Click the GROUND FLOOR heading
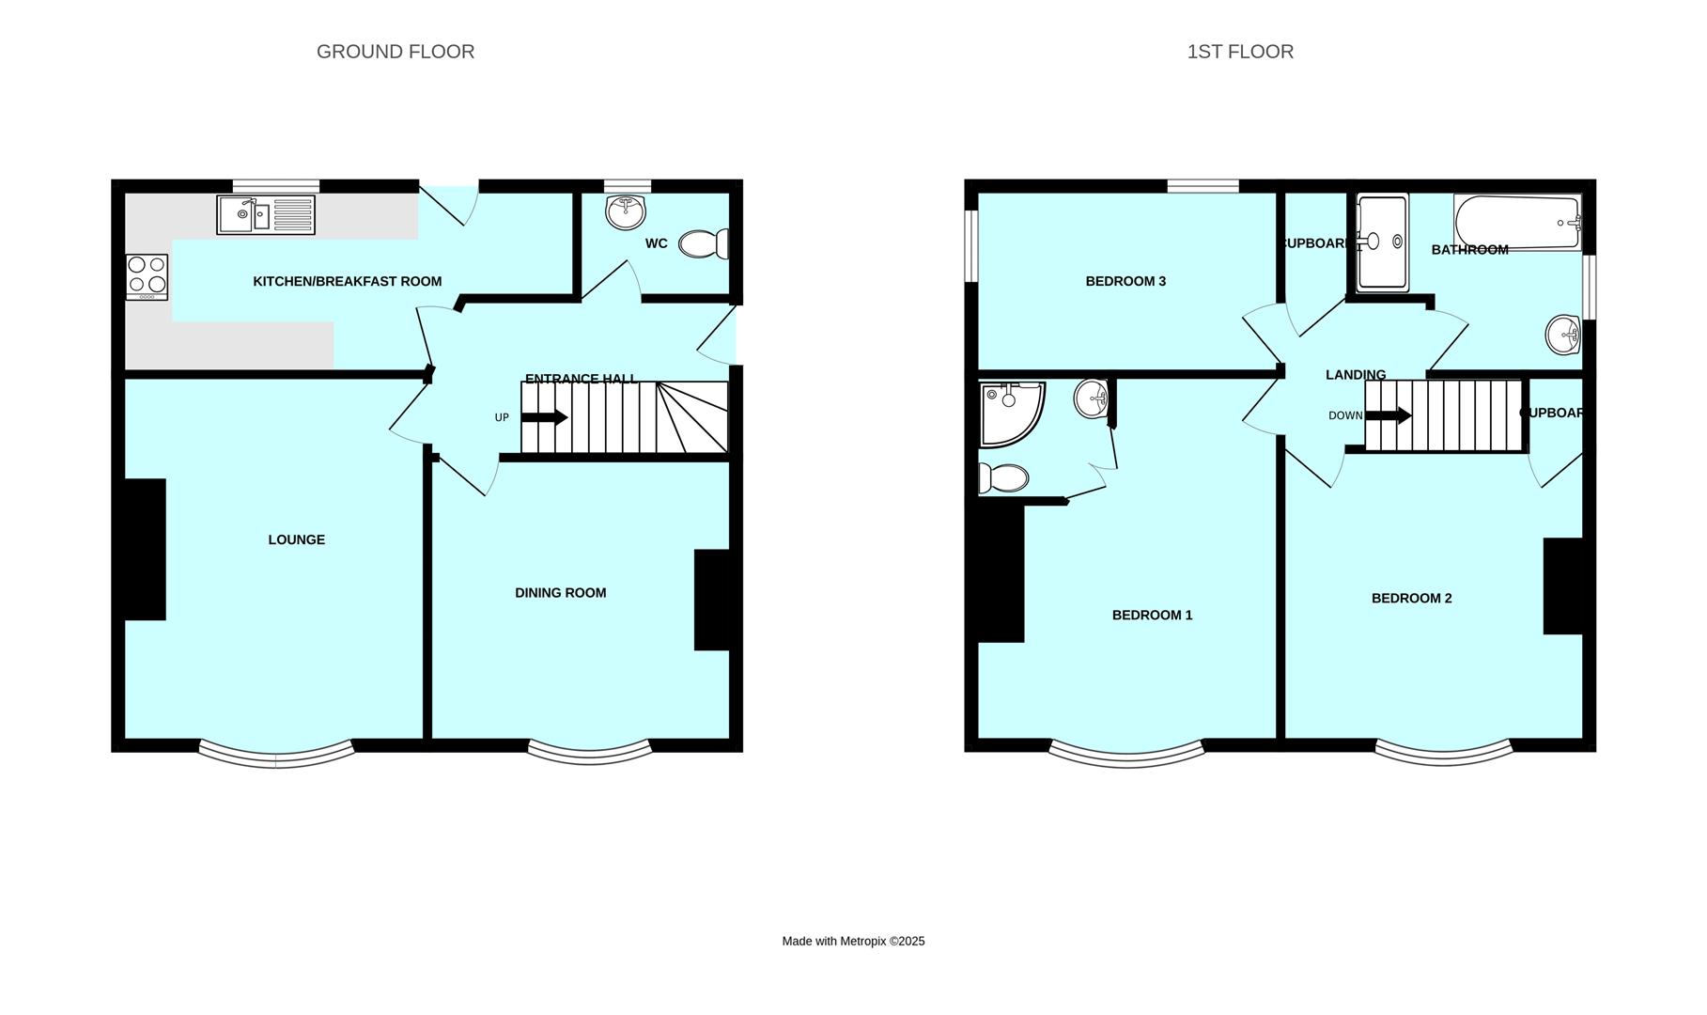pos(395,52)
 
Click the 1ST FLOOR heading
pos(1239,52)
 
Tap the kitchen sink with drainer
pos(266,214)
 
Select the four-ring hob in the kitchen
pos(147,276)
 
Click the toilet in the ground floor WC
pos(703,244)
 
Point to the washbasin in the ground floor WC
pos(626,211)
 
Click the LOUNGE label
pos(296,539)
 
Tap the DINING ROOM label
pos(560,593)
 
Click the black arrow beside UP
pos(545,417)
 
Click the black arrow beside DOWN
pos(1389,414)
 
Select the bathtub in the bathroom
pos(1516,223)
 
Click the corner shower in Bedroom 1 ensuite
pos(1007,411)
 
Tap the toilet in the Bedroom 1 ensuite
pos(1002,478)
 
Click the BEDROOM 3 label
pos(1125,281)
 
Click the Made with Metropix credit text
pos(853,941)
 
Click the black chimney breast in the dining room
pos(711,600)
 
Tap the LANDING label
pos(1355,375)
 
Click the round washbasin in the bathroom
pos(1562,334)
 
